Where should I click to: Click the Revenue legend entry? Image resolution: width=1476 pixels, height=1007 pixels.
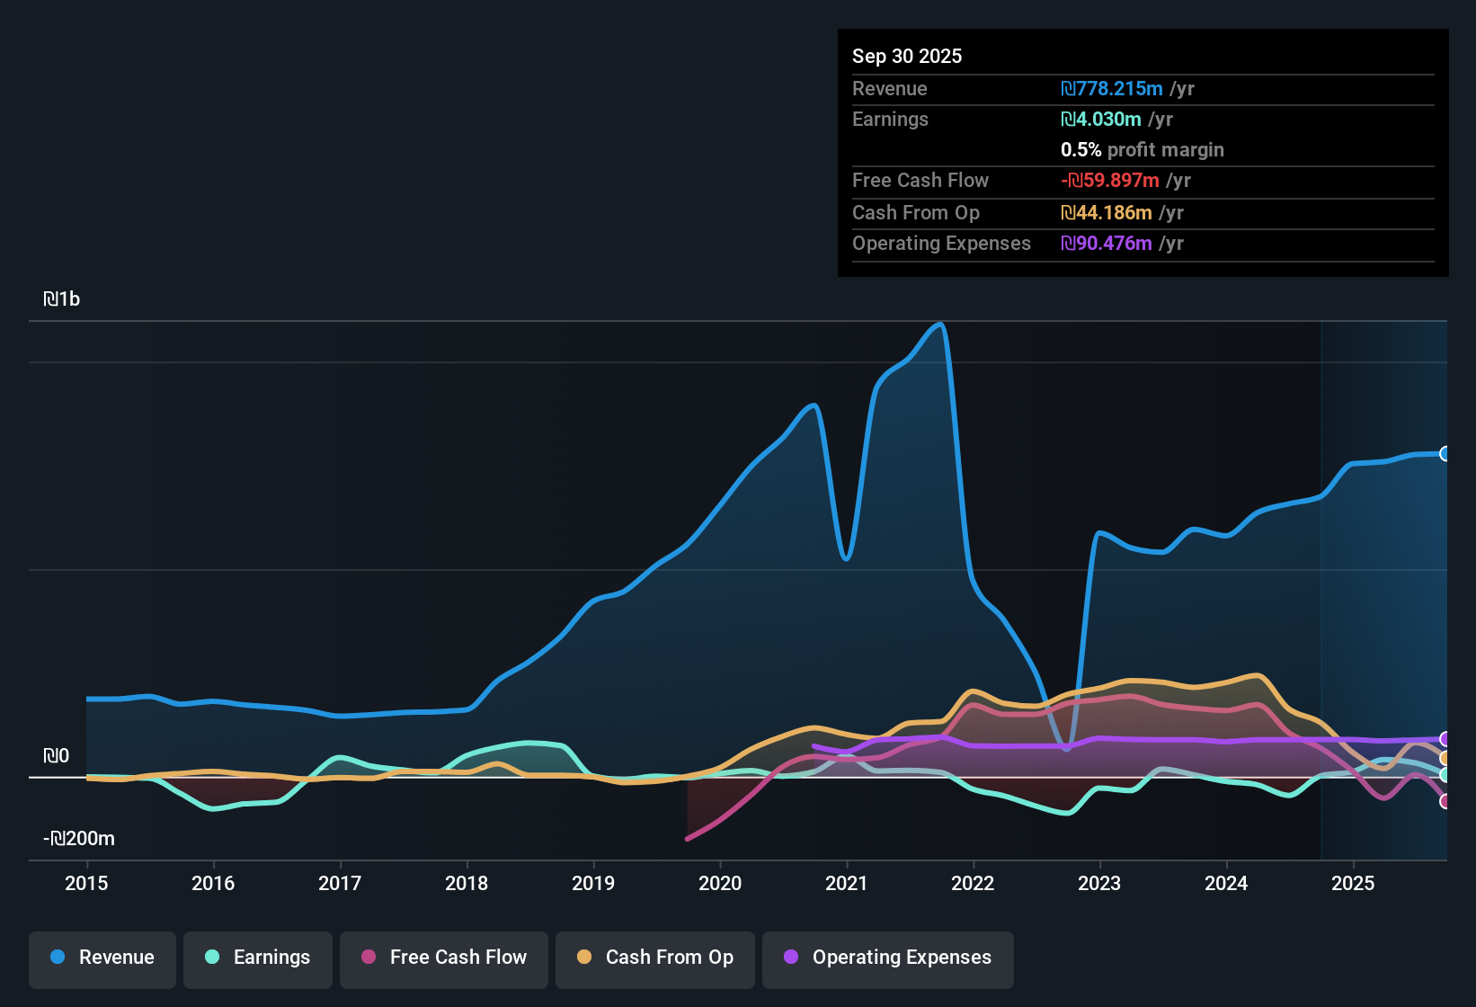[102, 958]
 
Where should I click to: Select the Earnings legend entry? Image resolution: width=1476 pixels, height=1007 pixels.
[258, 958]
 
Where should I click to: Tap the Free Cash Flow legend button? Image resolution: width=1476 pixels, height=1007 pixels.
[444, 958]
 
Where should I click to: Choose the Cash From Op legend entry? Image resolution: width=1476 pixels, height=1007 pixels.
[655, 958]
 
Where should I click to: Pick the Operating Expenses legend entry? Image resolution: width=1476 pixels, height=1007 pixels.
[888, 958]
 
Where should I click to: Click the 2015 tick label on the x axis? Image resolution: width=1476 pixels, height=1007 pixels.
[86, 883]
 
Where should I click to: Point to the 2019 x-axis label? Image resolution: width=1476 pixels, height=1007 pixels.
[593, 883]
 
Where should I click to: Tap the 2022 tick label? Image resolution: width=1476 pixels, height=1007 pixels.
[973, 883]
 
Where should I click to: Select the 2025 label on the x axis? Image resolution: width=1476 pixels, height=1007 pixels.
[1353, 883]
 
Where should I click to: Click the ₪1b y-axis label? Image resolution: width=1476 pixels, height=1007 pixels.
[61, 299]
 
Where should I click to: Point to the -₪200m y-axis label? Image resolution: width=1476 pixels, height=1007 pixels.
[79, 839]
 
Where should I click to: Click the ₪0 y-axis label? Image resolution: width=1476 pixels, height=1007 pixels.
[56, 756]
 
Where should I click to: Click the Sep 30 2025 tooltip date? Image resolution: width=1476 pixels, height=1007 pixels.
[906, 57]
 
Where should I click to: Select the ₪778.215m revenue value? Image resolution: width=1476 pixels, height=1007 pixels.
[1112, 89]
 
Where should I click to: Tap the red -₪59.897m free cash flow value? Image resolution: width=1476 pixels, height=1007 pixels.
[1110, 181]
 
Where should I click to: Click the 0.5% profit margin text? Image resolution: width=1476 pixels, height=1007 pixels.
[1142, 150]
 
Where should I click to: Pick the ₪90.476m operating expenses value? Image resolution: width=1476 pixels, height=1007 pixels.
[1107, 244]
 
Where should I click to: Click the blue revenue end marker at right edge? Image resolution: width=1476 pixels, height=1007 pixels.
[1445, 454]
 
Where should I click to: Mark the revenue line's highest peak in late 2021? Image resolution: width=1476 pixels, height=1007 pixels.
[939, 325]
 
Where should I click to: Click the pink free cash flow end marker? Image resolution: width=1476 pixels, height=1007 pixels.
[1445, 801]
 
